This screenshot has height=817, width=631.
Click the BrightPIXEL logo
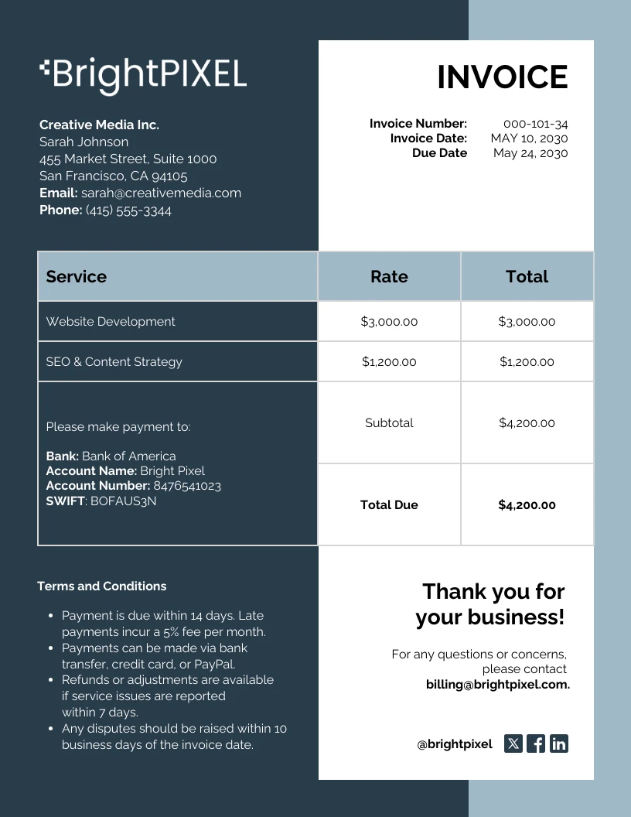click(143, 74)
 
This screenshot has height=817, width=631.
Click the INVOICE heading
click(502, 77)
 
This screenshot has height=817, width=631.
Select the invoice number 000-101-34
click(535, 124)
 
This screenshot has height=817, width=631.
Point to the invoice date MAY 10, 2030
click(529, 138)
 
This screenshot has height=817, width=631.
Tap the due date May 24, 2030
click(530, 153)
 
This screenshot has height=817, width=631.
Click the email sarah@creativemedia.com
click(161, 193)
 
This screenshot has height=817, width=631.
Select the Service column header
click(77, 276)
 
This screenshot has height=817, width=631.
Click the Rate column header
click(389, 276)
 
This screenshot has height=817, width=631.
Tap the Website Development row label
click(111, 321)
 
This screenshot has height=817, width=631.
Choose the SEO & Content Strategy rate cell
click(389, 361)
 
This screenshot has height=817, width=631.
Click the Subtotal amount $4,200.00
click(527, 422)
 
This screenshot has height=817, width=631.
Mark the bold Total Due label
click(389, 504)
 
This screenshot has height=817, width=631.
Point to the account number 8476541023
click(187, 486)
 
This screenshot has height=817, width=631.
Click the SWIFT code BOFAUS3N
click(124, 501)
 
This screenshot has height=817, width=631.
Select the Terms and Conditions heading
click(101, 586)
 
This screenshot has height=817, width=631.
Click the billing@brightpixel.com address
click(497, 685)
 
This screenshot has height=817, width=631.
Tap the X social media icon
click(513, 744)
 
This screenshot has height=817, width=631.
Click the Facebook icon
click(536, 744)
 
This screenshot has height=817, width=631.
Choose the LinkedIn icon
click(559, 744)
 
